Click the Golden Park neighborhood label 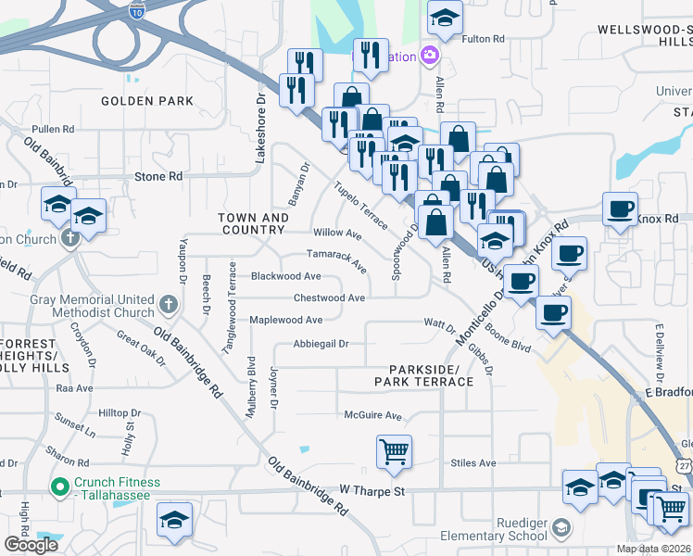147,101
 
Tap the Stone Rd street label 158,176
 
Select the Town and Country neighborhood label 253,223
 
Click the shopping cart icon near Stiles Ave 394,452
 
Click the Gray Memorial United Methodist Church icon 168,304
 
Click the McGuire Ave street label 373,416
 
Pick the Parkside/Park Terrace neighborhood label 424,375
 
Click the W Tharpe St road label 373,488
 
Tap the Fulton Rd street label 484,39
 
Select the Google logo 31,545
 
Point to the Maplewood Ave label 286,320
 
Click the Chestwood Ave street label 329,298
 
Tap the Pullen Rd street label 53,129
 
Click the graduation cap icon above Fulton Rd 446,17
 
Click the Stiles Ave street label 473,463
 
